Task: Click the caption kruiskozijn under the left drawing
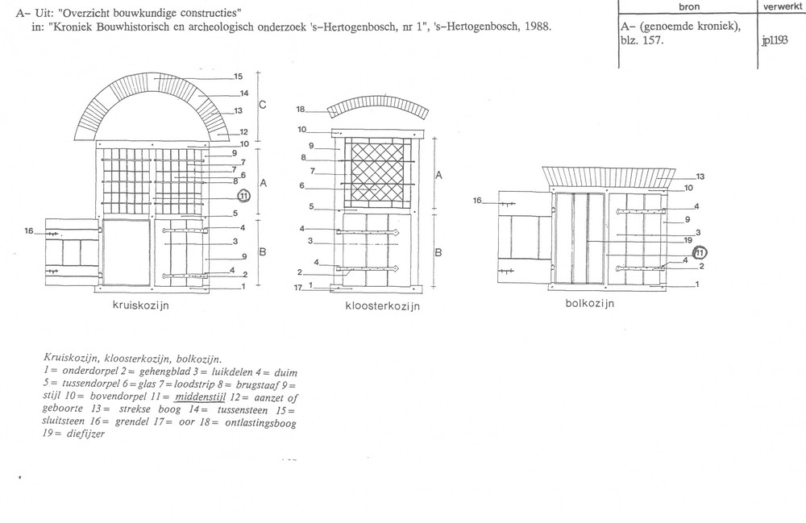click(x=141, y=305)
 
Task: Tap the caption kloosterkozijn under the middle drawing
click(x=382, y=306)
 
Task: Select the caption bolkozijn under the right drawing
click(x=590, y=303)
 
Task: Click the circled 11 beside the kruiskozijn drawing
click(x=243, y=196)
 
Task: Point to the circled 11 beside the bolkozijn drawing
click(x=700, y=252)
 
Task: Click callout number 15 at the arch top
click(x=238, y=77)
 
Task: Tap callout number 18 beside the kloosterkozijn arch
click(x=301, y=110)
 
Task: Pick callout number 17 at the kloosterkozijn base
click(x=297, y=288)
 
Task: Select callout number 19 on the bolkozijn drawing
click(x=688, y=240)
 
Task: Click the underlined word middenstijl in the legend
click(x=200, y=396)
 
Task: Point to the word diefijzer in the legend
click(x=86, y=434)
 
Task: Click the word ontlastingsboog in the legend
click(x=260, y=423)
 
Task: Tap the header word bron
click(x=689, y=6)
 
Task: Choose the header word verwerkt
click(x=782, y=6)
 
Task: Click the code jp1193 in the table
click(x=775, y=40)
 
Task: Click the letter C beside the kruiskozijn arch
click(x=263, y=105)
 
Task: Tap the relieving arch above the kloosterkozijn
click(x=378, y=102)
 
